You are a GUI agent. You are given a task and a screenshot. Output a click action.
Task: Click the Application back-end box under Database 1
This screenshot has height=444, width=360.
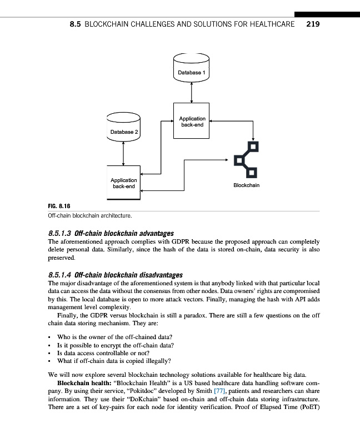pos(192,121)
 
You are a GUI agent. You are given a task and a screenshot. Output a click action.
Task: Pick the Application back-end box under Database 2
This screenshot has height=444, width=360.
pos(123,183)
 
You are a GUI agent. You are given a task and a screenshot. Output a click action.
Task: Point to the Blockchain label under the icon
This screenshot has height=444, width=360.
pos(246,185)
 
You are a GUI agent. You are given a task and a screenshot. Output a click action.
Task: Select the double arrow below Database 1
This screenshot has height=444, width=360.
pos(192,92)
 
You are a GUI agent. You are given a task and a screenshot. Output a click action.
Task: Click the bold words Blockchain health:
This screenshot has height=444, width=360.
pos(83,384)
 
